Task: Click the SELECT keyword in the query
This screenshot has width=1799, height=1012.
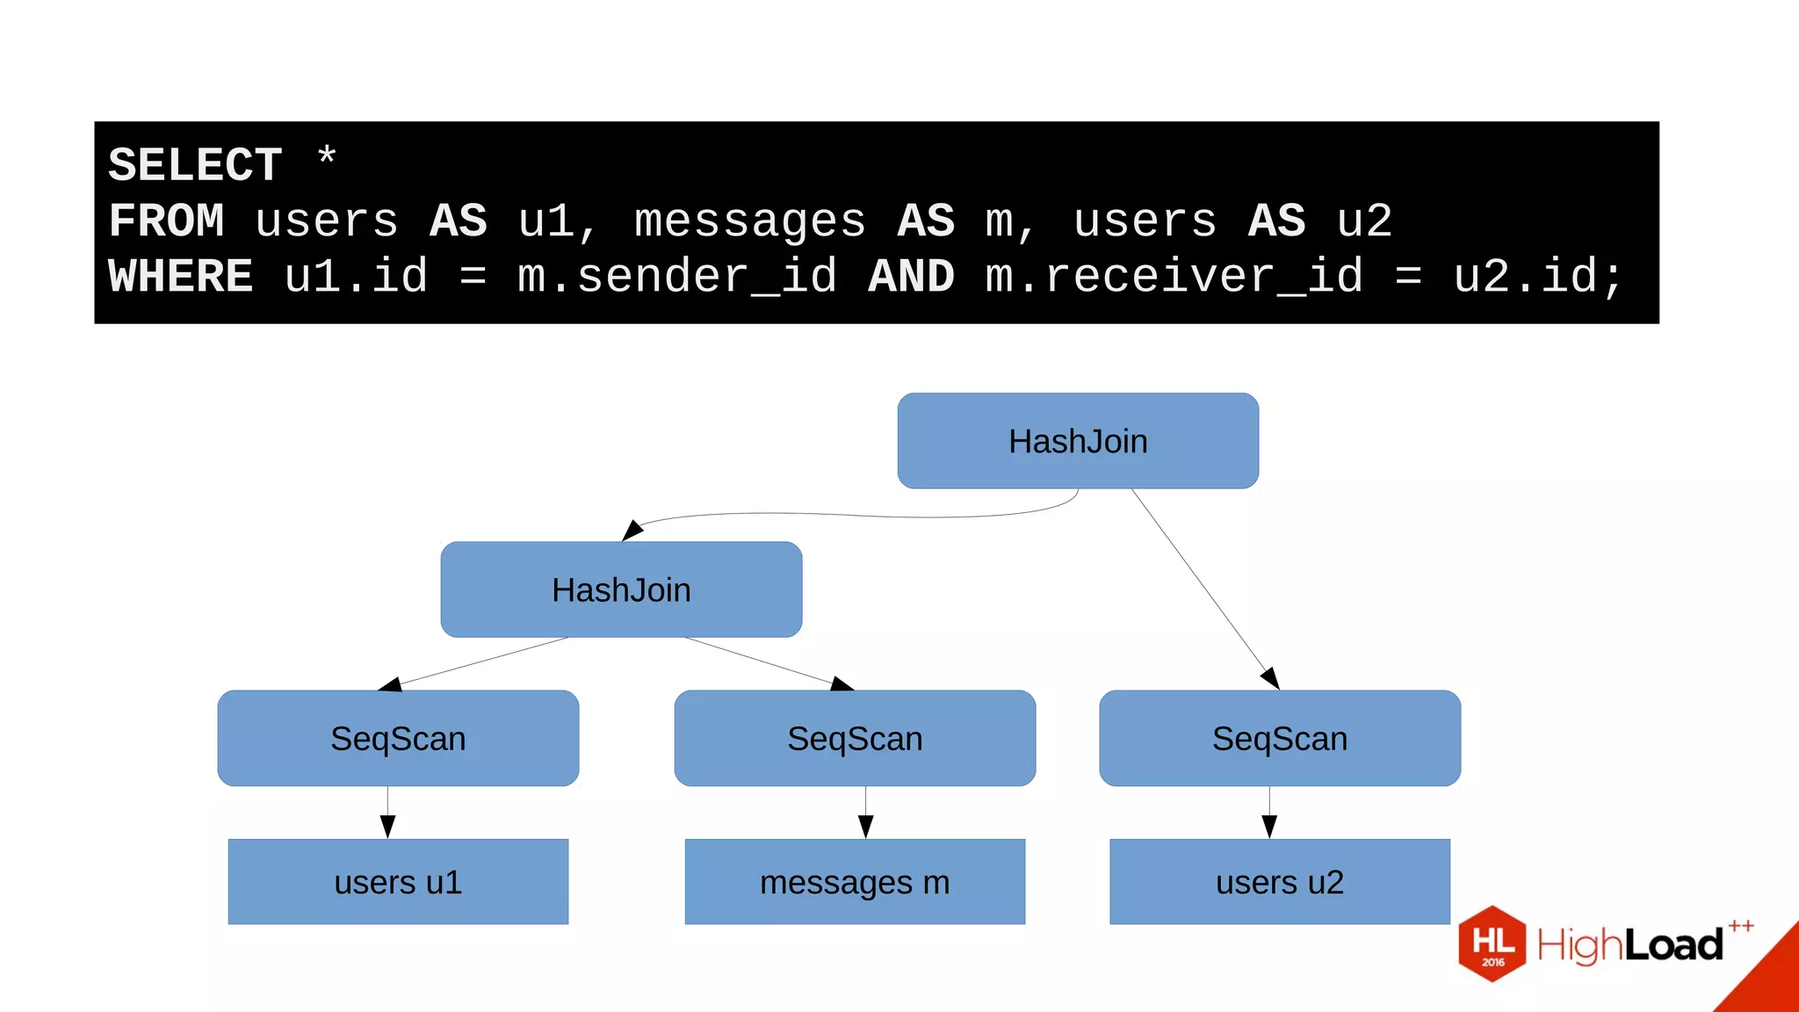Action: [195, 165]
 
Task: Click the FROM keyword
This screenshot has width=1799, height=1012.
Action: [166, 220]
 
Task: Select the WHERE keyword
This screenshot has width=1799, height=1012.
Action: [180, 277]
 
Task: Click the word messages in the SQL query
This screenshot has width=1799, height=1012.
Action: [749, 220]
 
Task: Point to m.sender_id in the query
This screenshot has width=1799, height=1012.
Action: [676, 277]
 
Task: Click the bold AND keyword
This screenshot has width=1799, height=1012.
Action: [911, 277]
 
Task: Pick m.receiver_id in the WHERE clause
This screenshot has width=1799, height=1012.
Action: [1174, 277]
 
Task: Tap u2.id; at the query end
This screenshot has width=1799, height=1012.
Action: [1537, 277]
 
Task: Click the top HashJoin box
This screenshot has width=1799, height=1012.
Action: [1078, 441]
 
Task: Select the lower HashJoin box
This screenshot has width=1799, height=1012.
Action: [621, 589]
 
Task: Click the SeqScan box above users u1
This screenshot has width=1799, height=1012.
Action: [398, 738]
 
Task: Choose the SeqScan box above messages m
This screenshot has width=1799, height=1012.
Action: [855, 738]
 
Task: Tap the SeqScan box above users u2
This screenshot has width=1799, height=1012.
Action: [1280, 738]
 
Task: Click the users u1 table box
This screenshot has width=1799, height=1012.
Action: [398, 881]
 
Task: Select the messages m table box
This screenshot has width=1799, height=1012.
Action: [855, 881]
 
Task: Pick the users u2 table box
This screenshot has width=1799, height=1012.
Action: [1280, 881]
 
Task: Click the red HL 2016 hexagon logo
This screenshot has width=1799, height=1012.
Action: [1492, 943]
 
